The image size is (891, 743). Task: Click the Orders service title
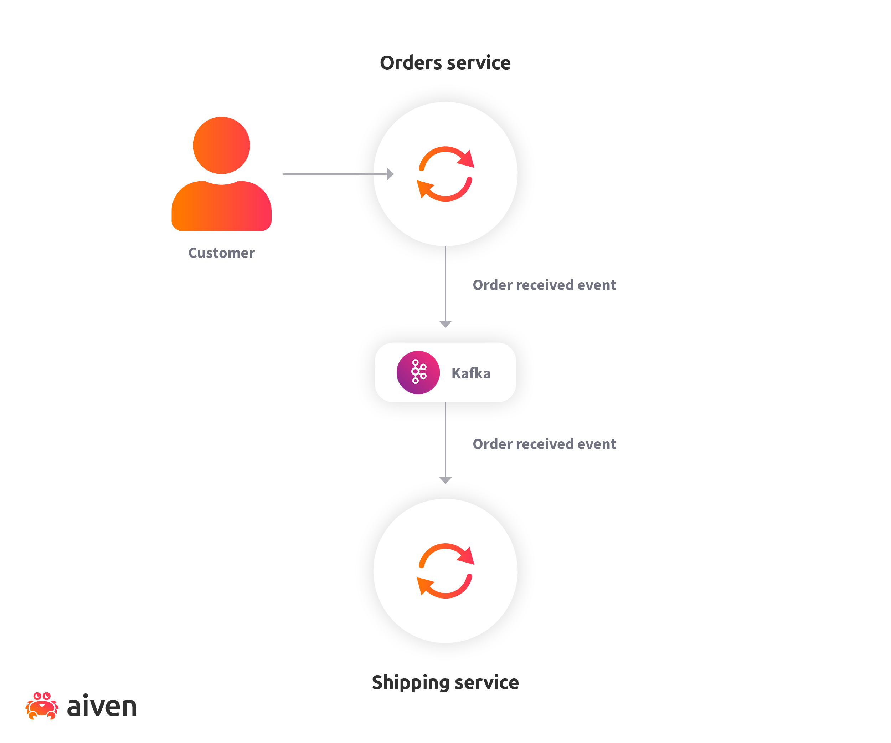(445, 63)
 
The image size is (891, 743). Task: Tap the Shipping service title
(445, 682)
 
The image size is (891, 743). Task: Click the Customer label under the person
(221, 253)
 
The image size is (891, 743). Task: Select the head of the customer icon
(221, 145)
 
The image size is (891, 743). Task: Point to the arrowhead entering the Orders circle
(390, 174)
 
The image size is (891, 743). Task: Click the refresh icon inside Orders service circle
(445, 174)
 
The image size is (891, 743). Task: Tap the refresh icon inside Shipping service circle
(445, 571)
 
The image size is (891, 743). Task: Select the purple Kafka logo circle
(418, 372)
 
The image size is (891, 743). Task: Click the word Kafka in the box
(471, 373)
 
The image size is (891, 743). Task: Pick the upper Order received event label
(544, 285)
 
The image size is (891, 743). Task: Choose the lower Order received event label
(544, 444)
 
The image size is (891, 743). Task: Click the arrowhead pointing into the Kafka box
(445, 324)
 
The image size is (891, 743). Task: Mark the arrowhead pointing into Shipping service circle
(445, 480)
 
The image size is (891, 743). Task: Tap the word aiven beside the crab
(102, 707)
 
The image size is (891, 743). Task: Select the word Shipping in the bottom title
(407, 682)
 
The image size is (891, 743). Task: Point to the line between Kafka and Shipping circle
(445, 446)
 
